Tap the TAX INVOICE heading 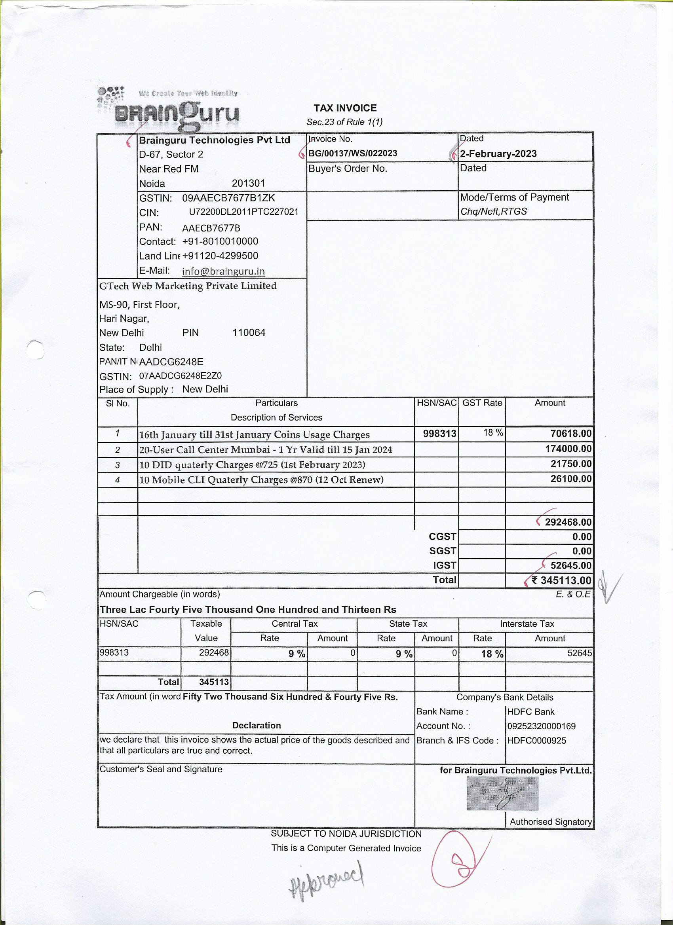coord(345,108)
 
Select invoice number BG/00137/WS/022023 coord(353,154)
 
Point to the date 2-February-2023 coord(498,154)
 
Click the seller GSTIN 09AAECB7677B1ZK coord(228,198)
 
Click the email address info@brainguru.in coord(223,271)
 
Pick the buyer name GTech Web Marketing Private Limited coord(188,286)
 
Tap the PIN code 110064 coord(249,333)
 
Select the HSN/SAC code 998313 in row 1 coord(439,434)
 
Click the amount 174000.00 coord(568,449)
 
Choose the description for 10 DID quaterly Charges coord(252,465)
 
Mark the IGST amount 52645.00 coord(570,565)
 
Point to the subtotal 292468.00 coord(568,522)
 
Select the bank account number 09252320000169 coord(541,726)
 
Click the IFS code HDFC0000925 coord(537,740)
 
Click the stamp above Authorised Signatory coord(502,793)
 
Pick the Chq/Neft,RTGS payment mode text coord(493,211)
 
